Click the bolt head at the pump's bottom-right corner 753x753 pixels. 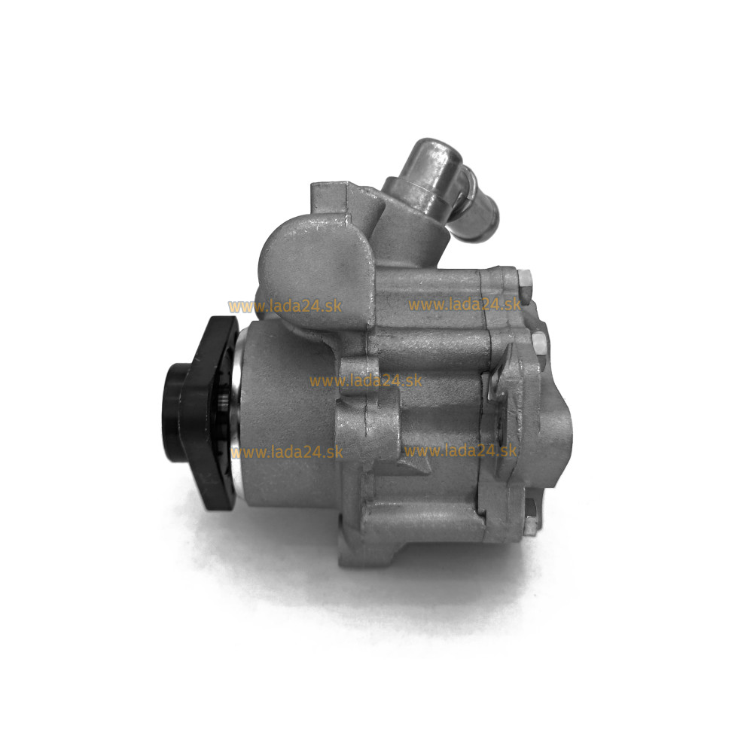532,517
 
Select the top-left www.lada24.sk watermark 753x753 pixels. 285,306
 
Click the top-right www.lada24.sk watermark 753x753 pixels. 465,304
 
